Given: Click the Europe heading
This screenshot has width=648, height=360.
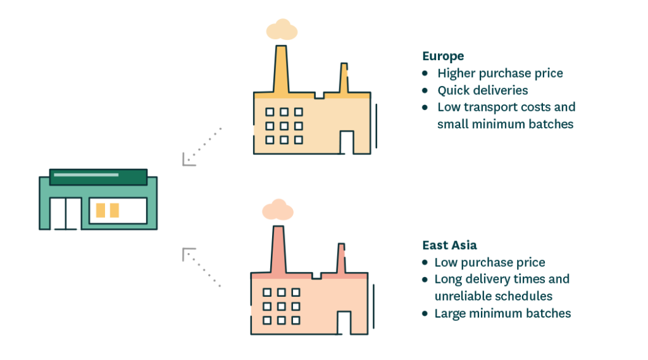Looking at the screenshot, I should click(x=443, y=55).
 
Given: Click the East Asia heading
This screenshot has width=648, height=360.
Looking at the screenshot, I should click(x=449, y=245).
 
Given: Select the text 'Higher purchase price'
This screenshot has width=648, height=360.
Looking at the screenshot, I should click(x=500, y=73).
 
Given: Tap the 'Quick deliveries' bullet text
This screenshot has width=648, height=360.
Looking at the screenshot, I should click(x=483, y=90).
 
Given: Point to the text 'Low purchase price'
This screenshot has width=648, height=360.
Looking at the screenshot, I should click(x=490, y=262).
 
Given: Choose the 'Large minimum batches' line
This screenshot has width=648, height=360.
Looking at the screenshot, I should click(x=502, y=313).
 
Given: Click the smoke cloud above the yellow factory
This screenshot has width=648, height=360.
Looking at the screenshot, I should click(x=282, y=30).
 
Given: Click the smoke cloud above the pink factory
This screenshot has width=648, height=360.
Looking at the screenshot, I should click(x=278, y=209).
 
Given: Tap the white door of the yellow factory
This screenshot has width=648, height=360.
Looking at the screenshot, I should click(x=347, y=142).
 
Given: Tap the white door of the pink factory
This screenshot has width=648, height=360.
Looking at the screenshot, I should click(x=344, y=323).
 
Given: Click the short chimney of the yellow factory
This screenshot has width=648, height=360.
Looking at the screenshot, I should click(x=343, y=78).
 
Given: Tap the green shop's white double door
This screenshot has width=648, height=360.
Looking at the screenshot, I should click(x=66, y=213).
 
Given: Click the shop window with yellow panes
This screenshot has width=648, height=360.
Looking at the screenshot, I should click(x=118, y=211).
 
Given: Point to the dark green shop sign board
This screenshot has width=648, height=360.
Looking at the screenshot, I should click(x=98, y=177).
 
